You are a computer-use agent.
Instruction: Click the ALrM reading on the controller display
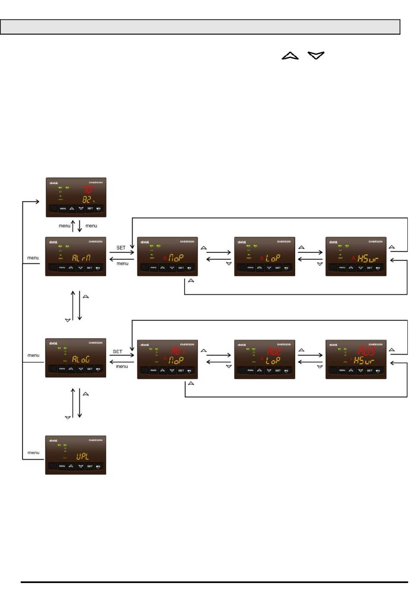(x=81, y=258)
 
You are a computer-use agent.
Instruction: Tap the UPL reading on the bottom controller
(x=82, y=456)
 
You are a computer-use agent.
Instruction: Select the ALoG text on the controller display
(x=81, y=359)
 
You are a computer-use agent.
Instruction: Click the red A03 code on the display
(x=366, y=350)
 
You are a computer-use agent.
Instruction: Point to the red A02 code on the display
(x=274, y=351)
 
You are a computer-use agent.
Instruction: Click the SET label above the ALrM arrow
(x=121, y=247)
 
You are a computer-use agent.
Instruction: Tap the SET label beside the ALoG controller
(x=117, y=352)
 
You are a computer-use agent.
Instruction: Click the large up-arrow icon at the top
(x=290, y=56)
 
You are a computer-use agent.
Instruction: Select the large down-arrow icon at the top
(x=316, y=55)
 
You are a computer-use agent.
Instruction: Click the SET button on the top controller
(x=90, y=209)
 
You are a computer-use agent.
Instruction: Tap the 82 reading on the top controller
(x=87, y=200)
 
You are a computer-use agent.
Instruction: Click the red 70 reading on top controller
(x=88, y=189)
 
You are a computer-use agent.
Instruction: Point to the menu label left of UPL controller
(x=33, y=453)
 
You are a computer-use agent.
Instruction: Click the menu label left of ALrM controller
(x=33, y=258)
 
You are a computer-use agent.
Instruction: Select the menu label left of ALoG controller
(x=33, y=355)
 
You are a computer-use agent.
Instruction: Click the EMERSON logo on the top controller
(x=96, y=183)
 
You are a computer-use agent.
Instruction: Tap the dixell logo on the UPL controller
(x=54, y=440)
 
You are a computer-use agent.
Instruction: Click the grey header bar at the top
(x=200, y=27)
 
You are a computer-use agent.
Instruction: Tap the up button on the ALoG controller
(x=71, y=369)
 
